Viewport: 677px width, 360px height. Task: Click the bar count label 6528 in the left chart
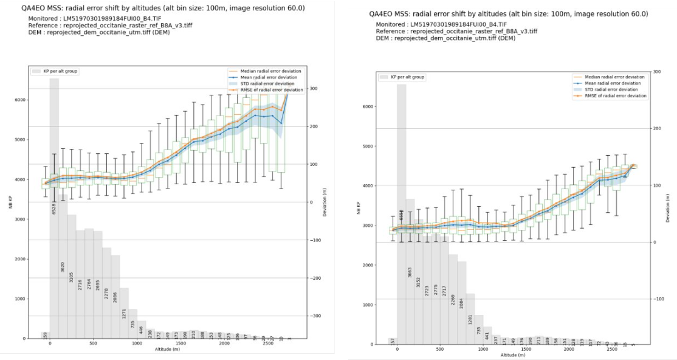pyautogui.click(x=53, y=208)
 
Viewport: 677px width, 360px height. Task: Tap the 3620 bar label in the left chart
pyautogui.click(x=63, y=266)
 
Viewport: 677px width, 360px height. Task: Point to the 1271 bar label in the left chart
pyautogui.click(x=124, y=306)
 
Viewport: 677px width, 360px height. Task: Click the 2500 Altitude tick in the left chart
pyautogui.click(x=268, y=344)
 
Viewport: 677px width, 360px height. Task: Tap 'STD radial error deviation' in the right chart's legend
pyautogui.click(x=611, y=90)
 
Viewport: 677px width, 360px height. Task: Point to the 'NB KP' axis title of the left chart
pyautogui.click(x=10, y=202)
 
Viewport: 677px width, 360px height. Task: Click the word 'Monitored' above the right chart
pyautogui.click(x=392, y=24)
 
